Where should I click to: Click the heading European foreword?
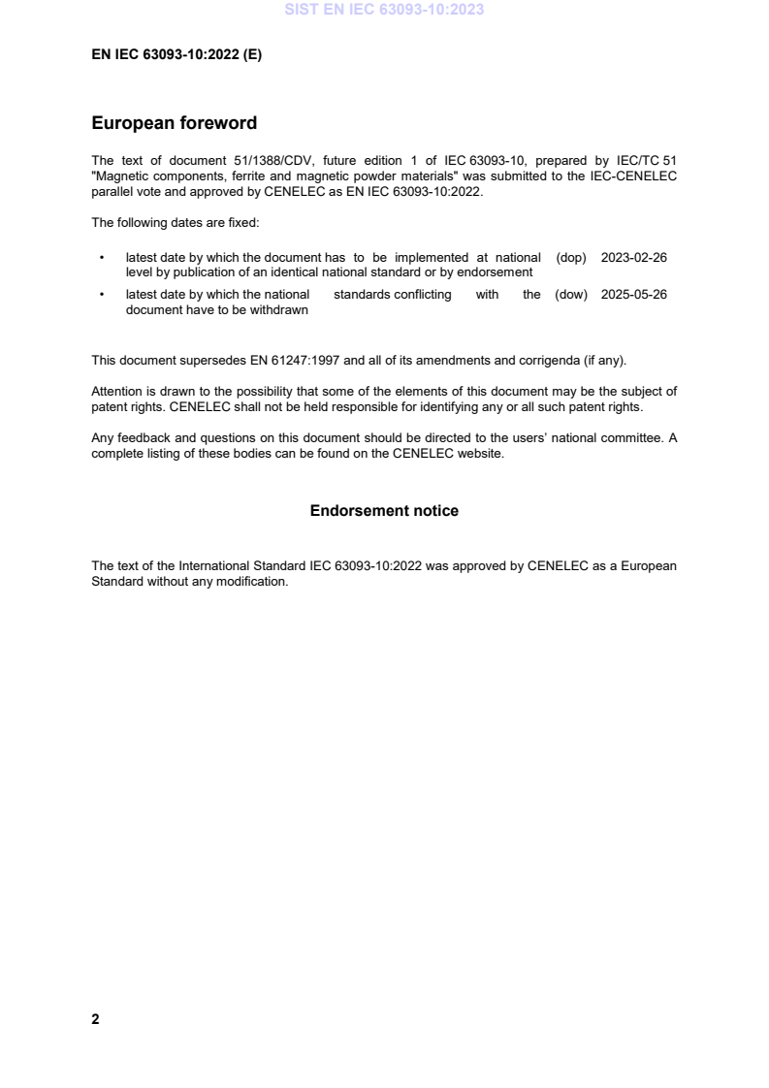coord(174,123)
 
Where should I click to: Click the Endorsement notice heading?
coord(384,510)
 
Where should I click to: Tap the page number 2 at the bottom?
coord(95,1019)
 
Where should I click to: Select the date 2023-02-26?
coord(633,258)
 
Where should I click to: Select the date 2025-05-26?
coord(633,295)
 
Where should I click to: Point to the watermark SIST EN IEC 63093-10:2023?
coord(384,11)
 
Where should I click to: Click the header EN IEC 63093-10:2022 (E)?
coord(176,55)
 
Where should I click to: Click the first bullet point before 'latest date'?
coord(102,258)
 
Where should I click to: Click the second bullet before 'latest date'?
coord(102,295)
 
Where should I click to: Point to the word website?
coord(480,454)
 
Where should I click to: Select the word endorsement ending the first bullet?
coord(497,272)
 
